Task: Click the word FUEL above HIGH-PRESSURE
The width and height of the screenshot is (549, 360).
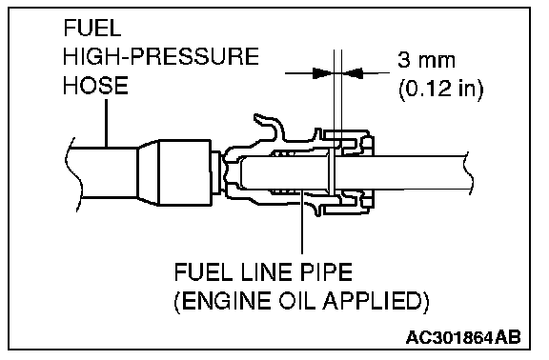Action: [x=92, y=28]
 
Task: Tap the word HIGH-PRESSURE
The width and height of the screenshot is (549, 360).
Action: [x=161, y=56]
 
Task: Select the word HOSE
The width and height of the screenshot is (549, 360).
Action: [x=95, y=86]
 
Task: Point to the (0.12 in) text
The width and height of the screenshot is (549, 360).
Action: [x=440, y=90]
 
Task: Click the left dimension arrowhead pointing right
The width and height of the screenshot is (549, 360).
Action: [x=322, y=73]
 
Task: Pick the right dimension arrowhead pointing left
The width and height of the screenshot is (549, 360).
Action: [x=354, y=73]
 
